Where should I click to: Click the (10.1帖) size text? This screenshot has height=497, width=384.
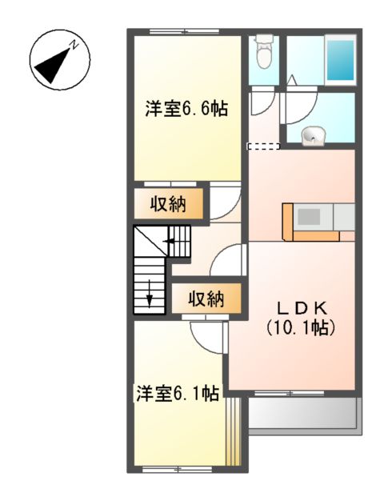pyautogui.click(x=300, y=327)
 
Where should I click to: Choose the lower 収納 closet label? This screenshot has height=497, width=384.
pyautogui.click(x=206, y=299)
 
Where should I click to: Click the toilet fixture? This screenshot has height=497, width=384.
pyautogui.click(x=262, y=54)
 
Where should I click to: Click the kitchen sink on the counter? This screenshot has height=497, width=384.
pyautogui.click(x=310, y=217)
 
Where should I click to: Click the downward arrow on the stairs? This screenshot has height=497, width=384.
pyautogui.click(x=150, y=298)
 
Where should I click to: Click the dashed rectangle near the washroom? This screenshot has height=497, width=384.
pyautogui.click(x=263, y=146)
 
